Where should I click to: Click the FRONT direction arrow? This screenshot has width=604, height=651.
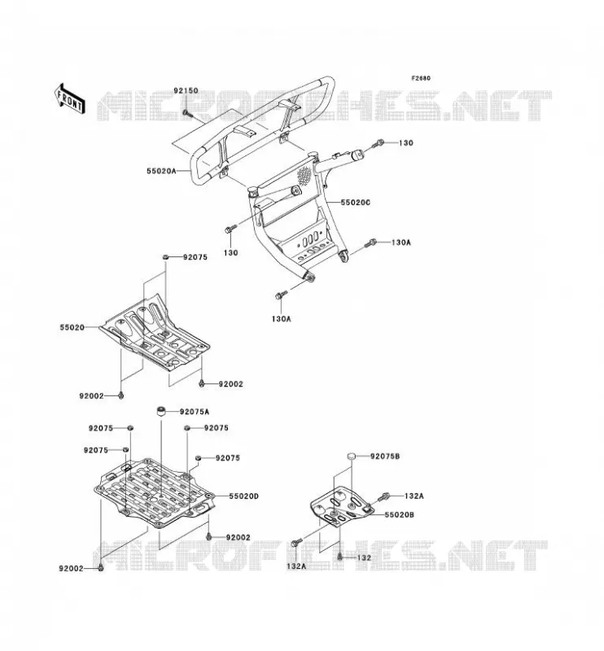[x=70, y=98]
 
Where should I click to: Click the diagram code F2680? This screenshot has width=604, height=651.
[x=421, y=78]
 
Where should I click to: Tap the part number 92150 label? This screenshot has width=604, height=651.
[x=186, y=90]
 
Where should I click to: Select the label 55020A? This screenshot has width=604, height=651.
[x=162, y=171]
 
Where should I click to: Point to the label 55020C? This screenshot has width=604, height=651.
[x=355, y=203]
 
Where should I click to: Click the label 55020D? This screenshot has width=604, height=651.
[x=244, y=496]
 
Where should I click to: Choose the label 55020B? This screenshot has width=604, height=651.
[x=399, y=515]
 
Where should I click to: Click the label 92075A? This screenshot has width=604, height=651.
[x=195, y=412]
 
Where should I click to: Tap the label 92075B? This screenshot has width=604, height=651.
[x=385, y=457]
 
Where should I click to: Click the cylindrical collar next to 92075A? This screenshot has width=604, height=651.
[x=160, y=412]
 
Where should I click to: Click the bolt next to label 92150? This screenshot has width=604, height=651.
[x=187, y=112]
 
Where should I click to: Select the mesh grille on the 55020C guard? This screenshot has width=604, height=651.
[x=304, y=175]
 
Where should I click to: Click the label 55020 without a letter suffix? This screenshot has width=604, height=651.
[x=72, y=328]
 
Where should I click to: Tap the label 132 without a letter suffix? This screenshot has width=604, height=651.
[x=364, y=557]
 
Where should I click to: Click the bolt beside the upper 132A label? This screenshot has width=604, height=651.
[x=384, y=496]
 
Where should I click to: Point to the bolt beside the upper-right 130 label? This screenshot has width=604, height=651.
[x=379, y=144]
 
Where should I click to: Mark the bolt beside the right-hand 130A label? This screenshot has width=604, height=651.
[x=370, y=242]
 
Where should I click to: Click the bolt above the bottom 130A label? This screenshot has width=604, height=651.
[x=281, y=295]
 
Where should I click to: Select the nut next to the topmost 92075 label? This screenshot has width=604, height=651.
[x=165, y=258]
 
